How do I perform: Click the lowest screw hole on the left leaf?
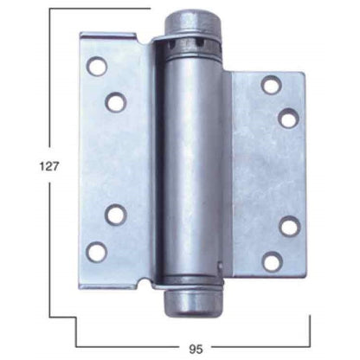[x=98, y=252]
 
